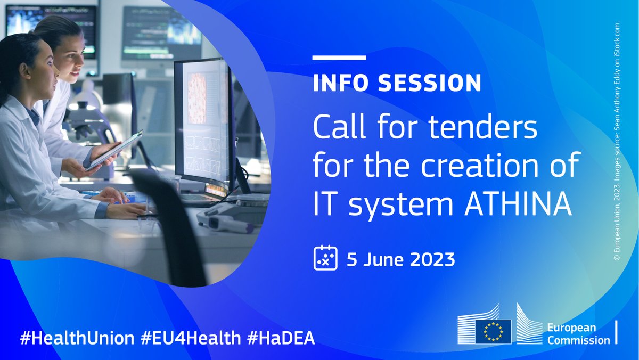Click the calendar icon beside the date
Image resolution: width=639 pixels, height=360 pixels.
[325, 259]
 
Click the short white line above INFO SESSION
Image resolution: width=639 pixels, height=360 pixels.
[339, 58]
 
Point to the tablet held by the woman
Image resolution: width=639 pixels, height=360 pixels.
[113, 151]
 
